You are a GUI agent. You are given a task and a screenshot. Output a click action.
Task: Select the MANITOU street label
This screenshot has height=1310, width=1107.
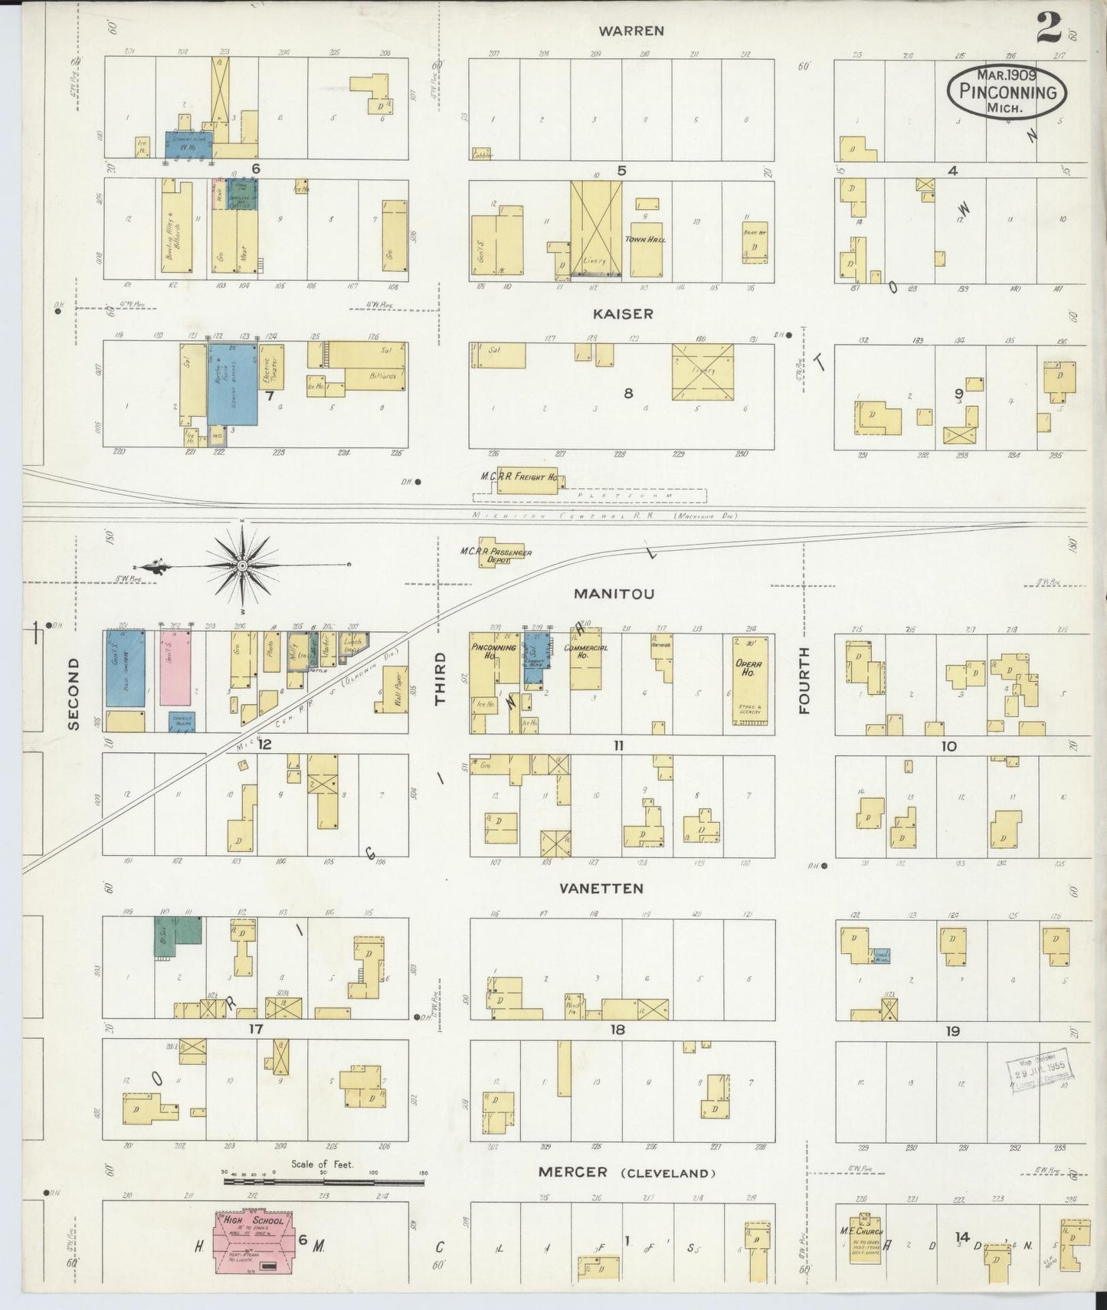coord(614,594)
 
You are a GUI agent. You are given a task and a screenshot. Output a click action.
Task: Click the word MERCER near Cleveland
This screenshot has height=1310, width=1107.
coord(572,1172)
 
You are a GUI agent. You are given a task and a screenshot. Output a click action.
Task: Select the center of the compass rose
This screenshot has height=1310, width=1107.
coord(242,565)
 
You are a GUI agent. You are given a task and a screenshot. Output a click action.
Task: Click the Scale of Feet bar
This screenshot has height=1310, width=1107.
coord(323,1182)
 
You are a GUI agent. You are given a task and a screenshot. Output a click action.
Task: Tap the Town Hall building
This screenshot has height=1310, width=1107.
coord(647,249)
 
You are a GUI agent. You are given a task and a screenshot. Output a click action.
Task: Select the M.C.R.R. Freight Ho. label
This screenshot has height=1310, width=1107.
coord(519,477)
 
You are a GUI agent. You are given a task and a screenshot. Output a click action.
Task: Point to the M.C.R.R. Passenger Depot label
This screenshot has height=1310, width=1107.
coord(496,555)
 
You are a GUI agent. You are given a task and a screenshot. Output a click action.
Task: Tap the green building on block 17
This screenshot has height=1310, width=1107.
coord(178,935)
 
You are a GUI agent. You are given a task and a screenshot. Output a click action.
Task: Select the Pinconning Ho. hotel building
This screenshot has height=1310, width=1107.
coord(492,666)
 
